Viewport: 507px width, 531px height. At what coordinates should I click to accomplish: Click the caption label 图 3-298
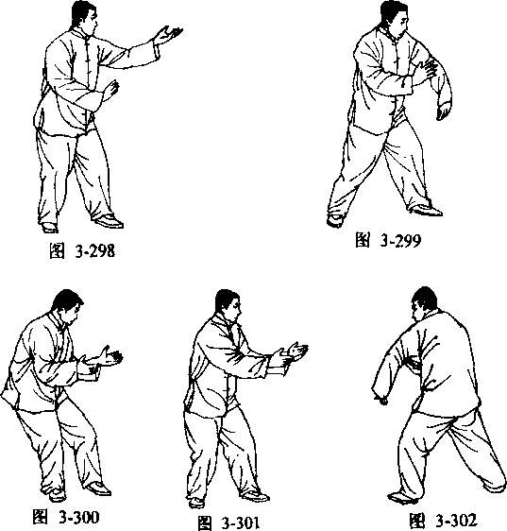(x=82, y=251)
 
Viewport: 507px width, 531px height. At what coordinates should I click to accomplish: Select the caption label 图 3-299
(x=388, y=240)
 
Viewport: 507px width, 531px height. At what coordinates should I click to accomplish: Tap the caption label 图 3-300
(x=66, y=517)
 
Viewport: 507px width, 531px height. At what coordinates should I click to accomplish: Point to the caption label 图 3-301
(x=228, y=523)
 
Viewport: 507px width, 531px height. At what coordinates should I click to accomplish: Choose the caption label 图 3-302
(x=443, y=521)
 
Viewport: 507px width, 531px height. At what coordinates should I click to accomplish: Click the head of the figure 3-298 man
(x=85, y=18)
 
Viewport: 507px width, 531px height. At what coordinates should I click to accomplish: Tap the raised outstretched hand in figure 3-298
(x=168, y=35)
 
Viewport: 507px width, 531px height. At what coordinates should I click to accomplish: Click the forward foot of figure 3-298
(x=109, y=221)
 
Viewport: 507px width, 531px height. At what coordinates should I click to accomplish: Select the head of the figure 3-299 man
(x=394, y=18)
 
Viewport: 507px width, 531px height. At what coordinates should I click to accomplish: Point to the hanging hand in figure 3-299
(x=444, y=111)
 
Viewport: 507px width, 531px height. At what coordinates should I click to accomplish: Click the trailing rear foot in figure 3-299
(x=335, y=220)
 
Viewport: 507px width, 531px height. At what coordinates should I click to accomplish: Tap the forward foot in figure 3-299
(x=425, y=211)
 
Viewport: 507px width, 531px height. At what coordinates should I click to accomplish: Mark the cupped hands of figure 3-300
(x=101, y=360)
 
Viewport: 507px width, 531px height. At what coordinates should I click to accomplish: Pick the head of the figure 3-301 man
(x=228, y=306)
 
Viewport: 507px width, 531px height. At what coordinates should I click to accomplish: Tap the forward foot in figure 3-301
(x=255, y=496)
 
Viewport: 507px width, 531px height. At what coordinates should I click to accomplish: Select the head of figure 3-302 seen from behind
(x=424, y=304)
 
